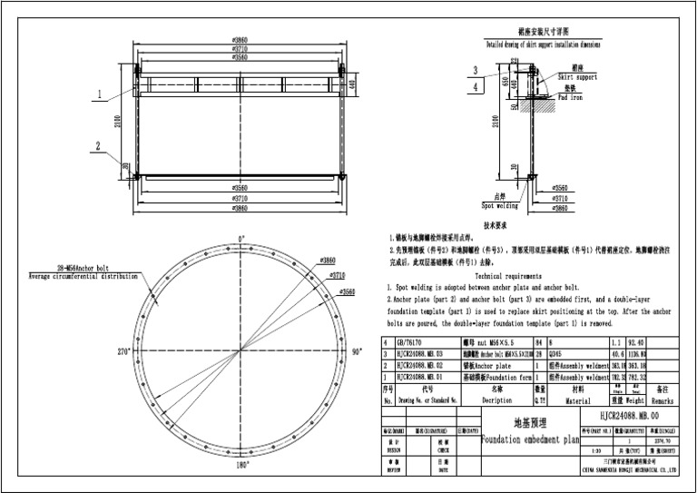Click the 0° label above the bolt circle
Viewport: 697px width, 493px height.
coord(241,239)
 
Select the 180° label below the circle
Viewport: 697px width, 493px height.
coord(241,464)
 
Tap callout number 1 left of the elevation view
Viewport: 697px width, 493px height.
coord(96,94)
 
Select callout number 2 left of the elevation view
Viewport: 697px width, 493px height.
coord(96,144)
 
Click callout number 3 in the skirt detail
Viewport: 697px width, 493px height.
coord(476,70)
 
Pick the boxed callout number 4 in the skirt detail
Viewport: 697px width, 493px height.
coord(476,86)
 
